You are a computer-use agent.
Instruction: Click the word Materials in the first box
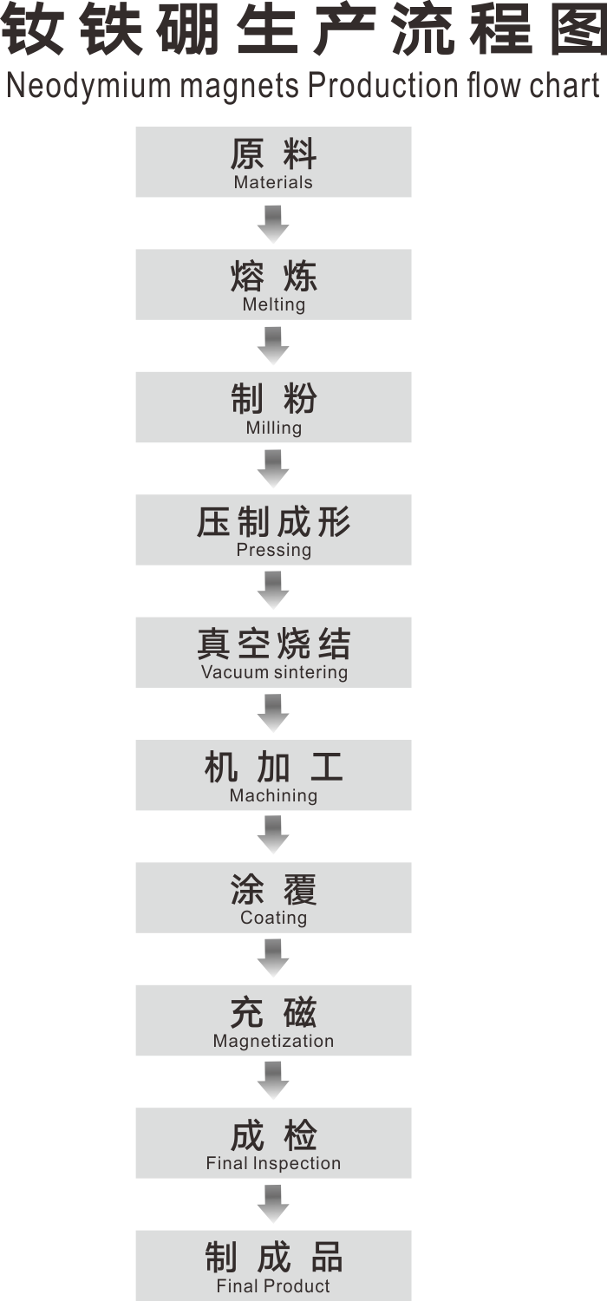[273, 183]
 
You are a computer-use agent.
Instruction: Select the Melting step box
[273, 284]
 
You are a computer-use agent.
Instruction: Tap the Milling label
[273, 428]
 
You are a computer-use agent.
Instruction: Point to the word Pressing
[273, 550]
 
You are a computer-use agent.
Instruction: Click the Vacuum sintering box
[273, 652]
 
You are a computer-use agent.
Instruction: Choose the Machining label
[273, 795]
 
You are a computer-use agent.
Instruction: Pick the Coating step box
[273, 897]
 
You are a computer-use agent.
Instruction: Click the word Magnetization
[273, 1041]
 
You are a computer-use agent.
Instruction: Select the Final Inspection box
[273, 1142]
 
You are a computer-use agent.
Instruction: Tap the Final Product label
[273, 1286]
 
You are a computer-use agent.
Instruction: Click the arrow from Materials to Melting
[273, 223]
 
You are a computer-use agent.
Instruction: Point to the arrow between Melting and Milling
[273, 345]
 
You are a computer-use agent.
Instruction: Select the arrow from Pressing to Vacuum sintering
[273, 591]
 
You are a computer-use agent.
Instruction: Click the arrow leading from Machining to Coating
[273, 836]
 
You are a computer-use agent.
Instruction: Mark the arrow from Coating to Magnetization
[273, 958]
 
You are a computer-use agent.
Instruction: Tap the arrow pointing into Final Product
[273, 1204]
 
